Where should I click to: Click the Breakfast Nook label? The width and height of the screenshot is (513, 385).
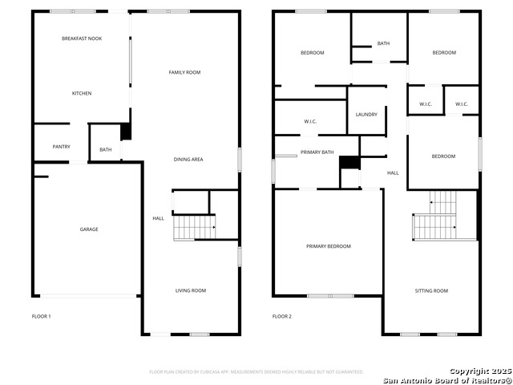click(82, 38)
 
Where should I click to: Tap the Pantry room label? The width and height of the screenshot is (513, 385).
click(62, 147)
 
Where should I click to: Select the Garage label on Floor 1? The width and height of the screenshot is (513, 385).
click(89, 229)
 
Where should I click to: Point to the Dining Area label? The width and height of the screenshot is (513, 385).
click(188, 160)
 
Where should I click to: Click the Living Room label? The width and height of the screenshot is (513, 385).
click(191, 290)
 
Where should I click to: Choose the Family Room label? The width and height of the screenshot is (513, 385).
click(184, 72)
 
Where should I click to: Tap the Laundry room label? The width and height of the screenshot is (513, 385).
click(366, 115)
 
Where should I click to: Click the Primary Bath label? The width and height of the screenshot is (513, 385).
click(317, 152)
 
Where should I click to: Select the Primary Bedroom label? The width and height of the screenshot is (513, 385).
click(329, 246)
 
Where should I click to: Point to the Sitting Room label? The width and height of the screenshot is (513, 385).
click(431, 290)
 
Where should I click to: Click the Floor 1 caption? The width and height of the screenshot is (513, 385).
click(41, 316)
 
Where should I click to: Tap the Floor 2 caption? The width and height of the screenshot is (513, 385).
click(281, 316)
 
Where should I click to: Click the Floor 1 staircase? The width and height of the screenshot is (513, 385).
click(194, 228)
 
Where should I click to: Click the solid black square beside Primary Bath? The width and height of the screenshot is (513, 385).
click(349, 163)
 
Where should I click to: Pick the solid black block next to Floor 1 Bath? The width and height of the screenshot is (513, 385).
click(126, 132)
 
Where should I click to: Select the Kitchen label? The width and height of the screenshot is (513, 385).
click(82, 93)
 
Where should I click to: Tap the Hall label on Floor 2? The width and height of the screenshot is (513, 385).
click(393, 173)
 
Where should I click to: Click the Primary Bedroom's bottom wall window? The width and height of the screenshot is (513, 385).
click(330, 296)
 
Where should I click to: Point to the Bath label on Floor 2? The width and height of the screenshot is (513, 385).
click(383, 43)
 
